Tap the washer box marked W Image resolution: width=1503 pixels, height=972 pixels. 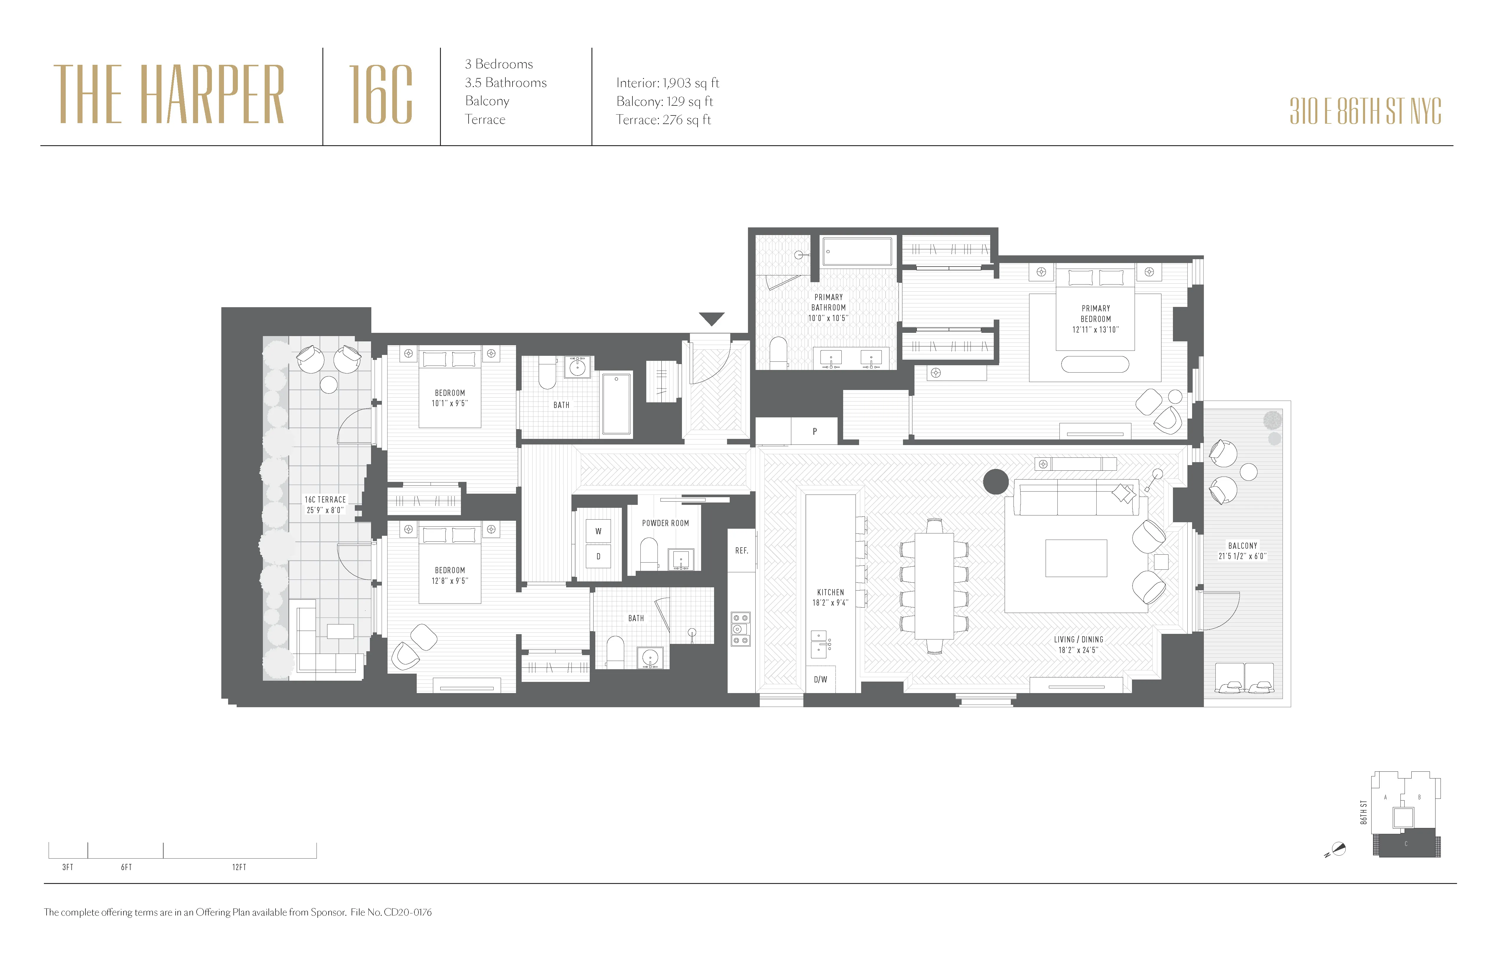pos(598,531)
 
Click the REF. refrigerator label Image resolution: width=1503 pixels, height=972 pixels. pos(741,551)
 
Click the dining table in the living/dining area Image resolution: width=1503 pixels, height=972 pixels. pos(934,586)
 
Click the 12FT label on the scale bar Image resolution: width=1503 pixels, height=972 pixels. pos(239,867)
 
